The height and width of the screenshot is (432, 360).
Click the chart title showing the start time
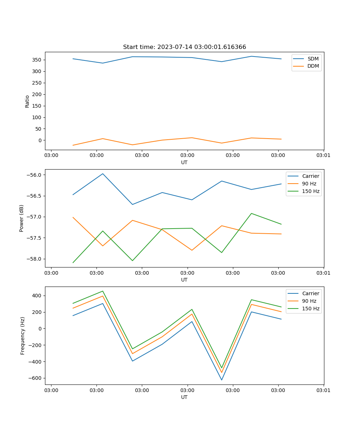tap(184, 47)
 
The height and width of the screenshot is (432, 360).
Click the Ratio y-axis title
tap(27, 101)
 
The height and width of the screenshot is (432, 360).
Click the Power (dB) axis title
tap(22, 218)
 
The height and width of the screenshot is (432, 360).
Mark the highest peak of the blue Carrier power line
tap(103, 174)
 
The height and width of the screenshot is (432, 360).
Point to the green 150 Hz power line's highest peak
tap(251, 213)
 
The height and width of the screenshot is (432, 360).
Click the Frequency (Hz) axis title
tap(23, 336)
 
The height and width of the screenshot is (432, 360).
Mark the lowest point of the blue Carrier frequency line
tap(221, 380)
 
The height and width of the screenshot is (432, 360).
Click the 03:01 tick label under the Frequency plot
tap(324, 390)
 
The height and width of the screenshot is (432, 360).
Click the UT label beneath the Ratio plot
tap(184, 162)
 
